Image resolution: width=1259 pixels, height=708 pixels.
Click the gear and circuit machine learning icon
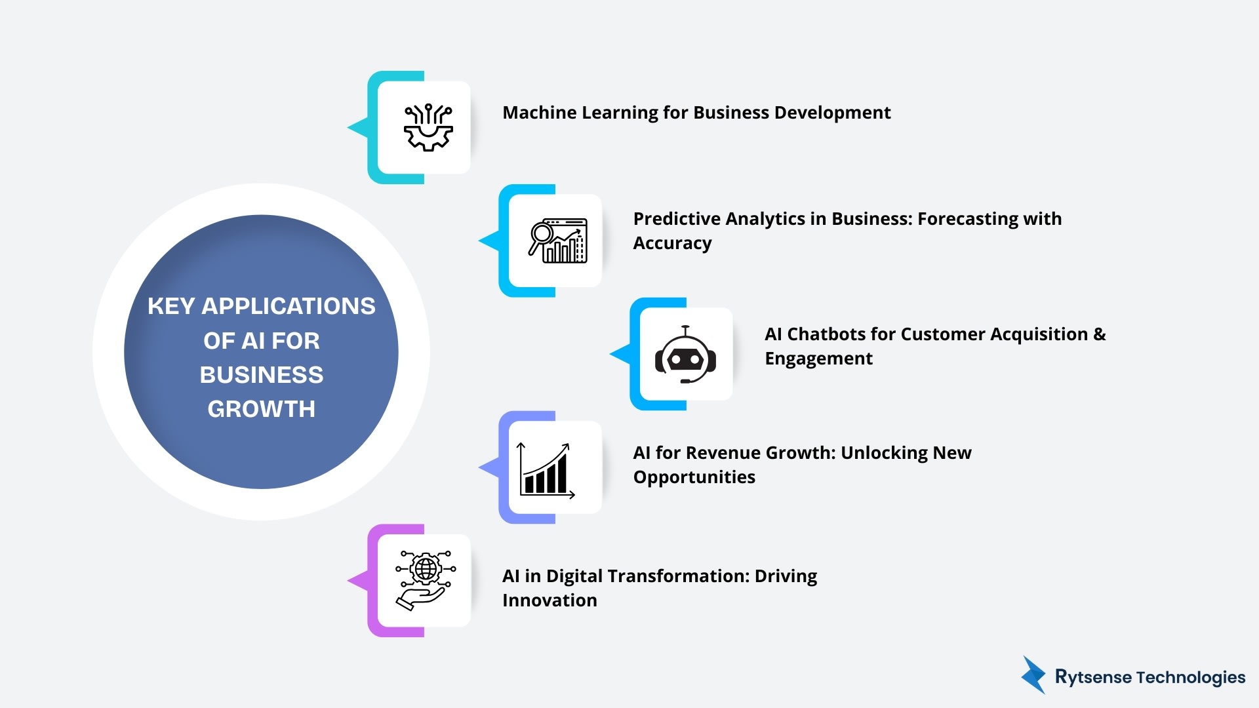[x=428, y=128]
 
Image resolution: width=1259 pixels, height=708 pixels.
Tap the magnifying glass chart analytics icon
[x=558, y=241]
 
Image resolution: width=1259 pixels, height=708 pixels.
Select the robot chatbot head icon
[x=685, y=355]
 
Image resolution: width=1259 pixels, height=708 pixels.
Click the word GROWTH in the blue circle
[x=261, y=409]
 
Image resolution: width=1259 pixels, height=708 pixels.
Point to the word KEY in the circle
[x=170, y=306]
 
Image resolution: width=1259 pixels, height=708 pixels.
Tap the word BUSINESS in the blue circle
[x=261, y=375]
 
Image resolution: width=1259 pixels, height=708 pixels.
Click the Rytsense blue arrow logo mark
[x=1034, y=675]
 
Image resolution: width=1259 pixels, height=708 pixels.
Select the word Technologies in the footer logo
[x=1191, y=677]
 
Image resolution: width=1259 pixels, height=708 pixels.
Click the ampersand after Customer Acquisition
[x=1100, y=334]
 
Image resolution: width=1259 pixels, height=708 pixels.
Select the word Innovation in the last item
[x=550, y=600]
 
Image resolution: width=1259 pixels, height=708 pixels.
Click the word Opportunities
[x=694, y=477]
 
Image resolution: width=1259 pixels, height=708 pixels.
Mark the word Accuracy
[x=672, y=243]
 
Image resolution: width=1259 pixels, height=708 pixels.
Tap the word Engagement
[x=818, y=359]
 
